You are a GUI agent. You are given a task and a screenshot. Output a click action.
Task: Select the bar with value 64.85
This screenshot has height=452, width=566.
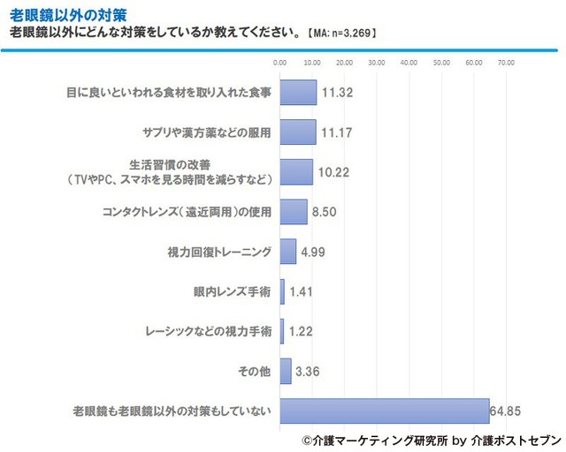click(x=385, y=411)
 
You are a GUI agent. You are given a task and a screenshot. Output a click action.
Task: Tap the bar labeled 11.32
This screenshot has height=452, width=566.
click(x=298, y=93)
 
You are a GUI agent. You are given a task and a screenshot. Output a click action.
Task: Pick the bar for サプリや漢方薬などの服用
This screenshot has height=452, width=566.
click(x=298, y=132)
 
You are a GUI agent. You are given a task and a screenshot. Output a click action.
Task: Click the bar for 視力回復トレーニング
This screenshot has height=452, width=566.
click(x=288, y=252)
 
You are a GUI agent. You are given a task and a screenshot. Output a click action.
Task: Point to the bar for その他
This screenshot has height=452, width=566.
click(x=286, y=371)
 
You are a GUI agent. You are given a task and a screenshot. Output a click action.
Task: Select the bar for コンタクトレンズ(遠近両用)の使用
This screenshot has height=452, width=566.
click(x=294, y=212)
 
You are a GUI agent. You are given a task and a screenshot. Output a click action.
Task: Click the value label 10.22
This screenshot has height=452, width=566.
click(x=333, y=172)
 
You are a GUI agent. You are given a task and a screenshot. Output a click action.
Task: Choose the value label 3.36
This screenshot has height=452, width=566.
click(x=309, y=371)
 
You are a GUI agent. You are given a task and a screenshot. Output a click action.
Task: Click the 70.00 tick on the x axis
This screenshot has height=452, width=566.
click(x=506, y=63)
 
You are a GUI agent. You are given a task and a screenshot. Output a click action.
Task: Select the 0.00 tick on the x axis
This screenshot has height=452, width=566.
click(x=280, y=63)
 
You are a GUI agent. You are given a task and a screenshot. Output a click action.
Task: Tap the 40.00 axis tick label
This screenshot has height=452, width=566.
click(x=409, y=63)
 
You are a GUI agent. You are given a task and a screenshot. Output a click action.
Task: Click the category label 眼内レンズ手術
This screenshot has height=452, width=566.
click(x=231, y=291)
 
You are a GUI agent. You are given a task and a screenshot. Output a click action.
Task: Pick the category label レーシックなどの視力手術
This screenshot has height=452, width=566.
click(x=207, y=331)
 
